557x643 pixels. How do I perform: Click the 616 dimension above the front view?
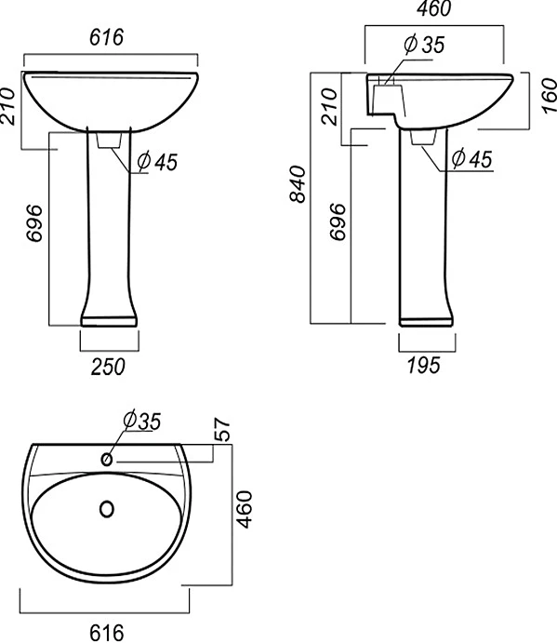[106, 37]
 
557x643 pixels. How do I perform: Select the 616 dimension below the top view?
[107, 633]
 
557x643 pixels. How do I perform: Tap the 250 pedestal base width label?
[108, 367]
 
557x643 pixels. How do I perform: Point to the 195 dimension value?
[424, 365]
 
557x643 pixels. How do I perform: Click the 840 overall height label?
[298, 184]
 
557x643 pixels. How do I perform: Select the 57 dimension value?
[221, 429]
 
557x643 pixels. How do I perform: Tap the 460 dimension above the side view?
[433, 8]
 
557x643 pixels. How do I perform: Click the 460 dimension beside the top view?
[245, 509]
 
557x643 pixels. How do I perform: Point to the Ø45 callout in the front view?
[157, 162]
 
